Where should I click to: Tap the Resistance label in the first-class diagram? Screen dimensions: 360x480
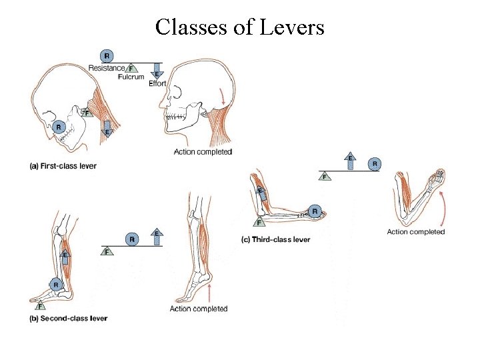point(106,67)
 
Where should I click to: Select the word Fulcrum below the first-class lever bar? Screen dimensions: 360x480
point(131,77)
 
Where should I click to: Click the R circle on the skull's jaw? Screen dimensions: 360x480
point(60,126)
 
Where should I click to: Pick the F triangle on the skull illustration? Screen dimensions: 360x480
point(86,113)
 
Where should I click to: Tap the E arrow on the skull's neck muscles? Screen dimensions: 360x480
point(107,130)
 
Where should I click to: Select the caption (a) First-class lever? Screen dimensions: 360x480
point(63,165)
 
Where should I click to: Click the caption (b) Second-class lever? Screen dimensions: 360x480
point(69,318)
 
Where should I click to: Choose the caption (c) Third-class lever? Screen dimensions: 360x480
point(275,239)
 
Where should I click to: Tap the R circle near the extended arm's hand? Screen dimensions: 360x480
point(316,212)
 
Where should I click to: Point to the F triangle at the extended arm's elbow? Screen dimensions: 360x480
point(258,223)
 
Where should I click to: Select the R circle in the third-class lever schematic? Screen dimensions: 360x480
point(375,163)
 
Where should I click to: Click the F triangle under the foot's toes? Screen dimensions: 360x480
point(41,307)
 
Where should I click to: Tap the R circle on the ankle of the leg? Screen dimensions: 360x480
point(57,284)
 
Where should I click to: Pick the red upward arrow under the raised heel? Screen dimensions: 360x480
point(211,292)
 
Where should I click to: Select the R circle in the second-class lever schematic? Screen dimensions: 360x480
point(133,239)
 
